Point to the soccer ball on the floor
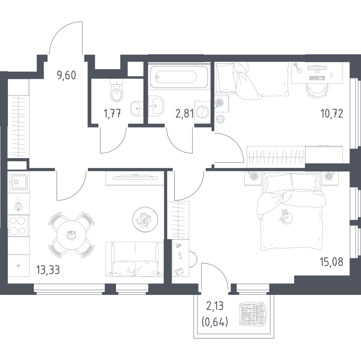pos(220,119)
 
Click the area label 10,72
pos(332,114)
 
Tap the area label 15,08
pos(331,262)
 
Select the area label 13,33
pos(48,270)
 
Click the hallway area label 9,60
pos(66,75)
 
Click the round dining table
pos(71,235)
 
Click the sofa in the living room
pos(134,259)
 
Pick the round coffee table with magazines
pos(145,220)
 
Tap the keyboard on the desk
pos(317,78)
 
